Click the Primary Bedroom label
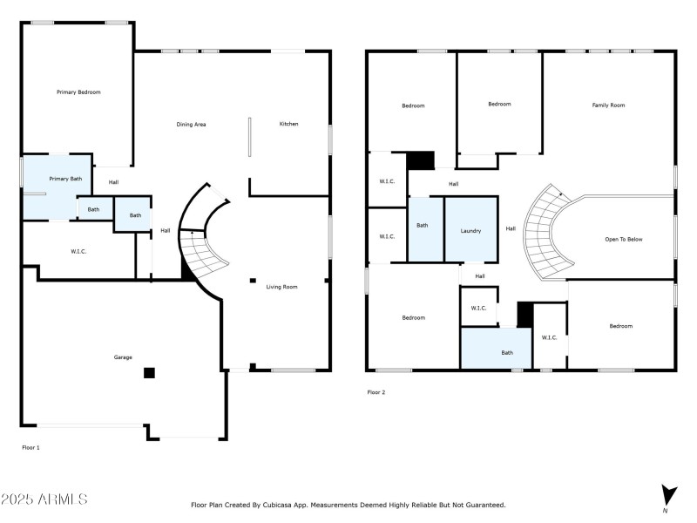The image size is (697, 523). [x=78, y=92]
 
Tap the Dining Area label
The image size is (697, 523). [x=191, y=125]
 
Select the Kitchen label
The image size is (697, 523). [x=288, y=124]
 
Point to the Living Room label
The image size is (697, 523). [x=281, y=287]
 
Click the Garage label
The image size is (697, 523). [x=123, y=357]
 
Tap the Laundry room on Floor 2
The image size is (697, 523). [x=470, y=229]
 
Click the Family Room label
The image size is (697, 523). [x=608, y=105]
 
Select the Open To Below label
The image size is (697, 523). [x=623, y=239]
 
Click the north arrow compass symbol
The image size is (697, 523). [x=668, y=494]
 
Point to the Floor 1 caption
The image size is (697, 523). [x=30, y=447]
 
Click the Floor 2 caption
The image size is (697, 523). [x=376, y=392]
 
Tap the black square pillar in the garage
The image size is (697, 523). [x=149, y=373]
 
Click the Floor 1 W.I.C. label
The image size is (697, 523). [x=78, y=252]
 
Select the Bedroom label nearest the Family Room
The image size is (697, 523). [x=499, y=105]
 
